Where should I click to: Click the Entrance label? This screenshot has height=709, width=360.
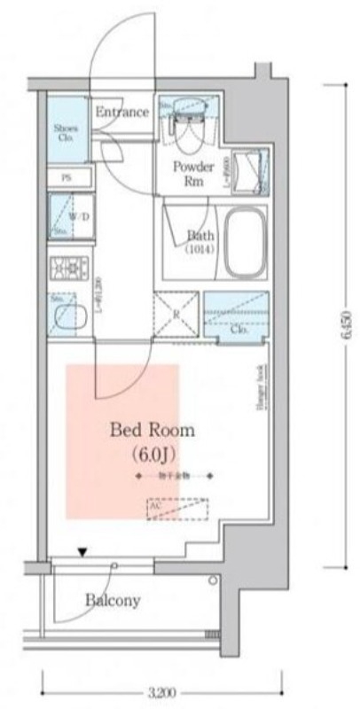click(x=121, y=113)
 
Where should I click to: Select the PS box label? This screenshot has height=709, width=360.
click(x=66, y=177)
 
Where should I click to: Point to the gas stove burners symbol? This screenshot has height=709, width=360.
click(x=68, y=267)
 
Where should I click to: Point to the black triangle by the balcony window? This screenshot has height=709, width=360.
click(x=82, y=552)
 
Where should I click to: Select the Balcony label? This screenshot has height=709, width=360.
click(x=113, y=600)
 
